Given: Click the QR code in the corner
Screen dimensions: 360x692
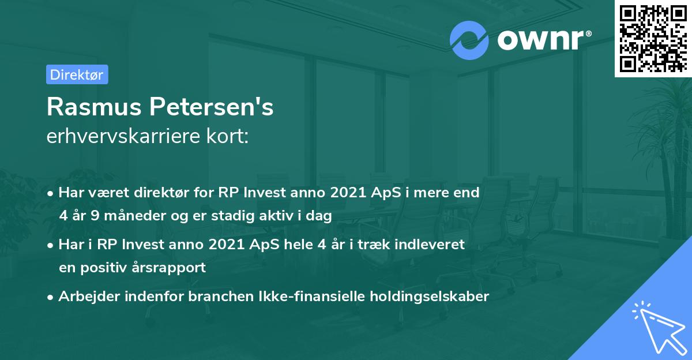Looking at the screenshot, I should coord(653,38).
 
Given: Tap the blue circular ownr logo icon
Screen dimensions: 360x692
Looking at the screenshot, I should coord(469,39).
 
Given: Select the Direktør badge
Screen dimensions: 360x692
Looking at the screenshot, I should coord(77,74).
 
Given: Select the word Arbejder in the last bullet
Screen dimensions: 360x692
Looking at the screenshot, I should coord(86,297).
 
